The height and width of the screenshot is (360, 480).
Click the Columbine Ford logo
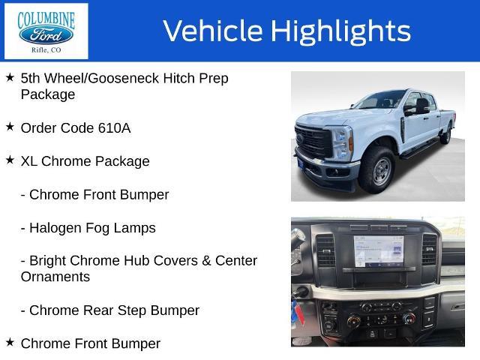point(46,31)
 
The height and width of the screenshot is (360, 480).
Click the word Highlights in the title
point(340,31)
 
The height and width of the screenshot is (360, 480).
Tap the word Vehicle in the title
point(213,31)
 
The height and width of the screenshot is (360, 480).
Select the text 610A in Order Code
point(115,128)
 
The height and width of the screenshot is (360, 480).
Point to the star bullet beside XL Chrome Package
point(10,160)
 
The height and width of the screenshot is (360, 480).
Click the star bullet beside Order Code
point(10,127)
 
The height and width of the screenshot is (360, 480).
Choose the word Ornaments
point(55,277)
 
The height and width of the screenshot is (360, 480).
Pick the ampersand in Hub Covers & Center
point(206,261)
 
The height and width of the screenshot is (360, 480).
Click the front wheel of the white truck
point(377,170)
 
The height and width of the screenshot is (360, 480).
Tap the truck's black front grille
point(313,141)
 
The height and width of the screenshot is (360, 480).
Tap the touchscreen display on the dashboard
point(378,251)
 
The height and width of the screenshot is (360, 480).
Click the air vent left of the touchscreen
point(325,250)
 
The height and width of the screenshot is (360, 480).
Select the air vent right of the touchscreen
point(429,249)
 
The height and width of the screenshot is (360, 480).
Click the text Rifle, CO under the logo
point(46,50)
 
